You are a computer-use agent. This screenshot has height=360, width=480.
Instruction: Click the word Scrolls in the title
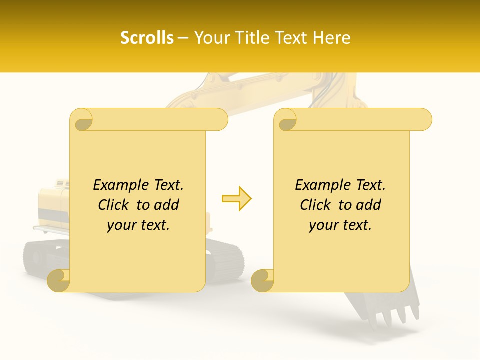pos(147,38)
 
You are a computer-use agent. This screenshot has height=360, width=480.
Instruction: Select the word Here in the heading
pos(332,38)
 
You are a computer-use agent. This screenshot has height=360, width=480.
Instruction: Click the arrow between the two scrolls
pos(237,198)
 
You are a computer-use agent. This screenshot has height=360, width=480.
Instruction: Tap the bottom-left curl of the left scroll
pos(59,281)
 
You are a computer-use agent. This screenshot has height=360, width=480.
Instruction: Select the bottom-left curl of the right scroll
pos(263,281)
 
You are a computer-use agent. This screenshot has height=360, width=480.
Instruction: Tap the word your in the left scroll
pos(121,225)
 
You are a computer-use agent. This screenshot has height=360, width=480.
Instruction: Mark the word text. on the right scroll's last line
pos(356,225)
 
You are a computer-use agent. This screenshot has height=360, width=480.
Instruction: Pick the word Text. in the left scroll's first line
pos(167,185)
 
